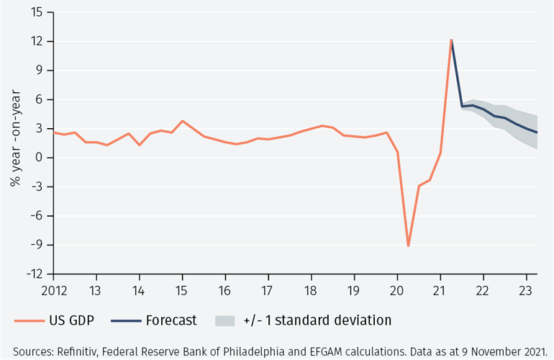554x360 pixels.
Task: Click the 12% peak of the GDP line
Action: pos(451,40)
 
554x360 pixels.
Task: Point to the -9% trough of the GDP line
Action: pos(408,246)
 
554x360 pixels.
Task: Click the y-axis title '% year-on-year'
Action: pos(16,144)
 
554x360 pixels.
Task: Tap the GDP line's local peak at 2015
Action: pos(183,121)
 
